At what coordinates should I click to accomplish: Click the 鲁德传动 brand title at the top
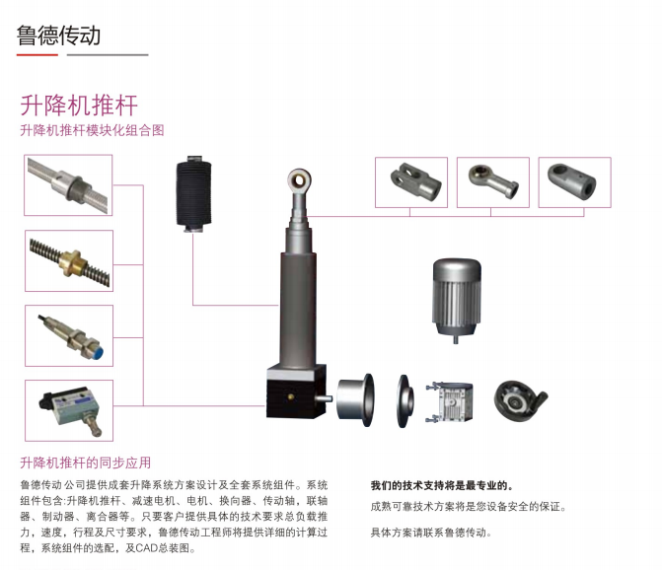(58, 36)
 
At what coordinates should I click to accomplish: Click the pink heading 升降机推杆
(78, 106)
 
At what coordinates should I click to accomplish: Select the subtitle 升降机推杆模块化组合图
(91, 130)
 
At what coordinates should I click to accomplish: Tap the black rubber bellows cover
(194, 193)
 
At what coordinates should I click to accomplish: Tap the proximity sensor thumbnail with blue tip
(69, 335)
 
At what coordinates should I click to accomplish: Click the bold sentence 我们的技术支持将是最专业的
(442, 485)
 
